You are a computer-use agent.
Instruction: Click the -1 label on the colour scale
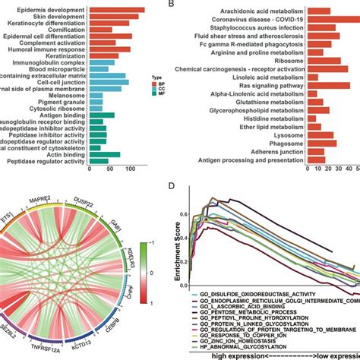[x=158, y=301]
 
